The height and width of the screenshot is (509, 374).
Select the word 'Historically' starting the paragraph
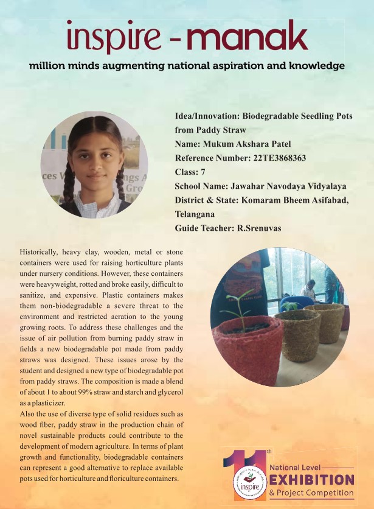tap(39, 251)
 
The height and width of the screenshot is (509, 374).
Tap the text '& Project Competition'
tap(311, 493)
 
